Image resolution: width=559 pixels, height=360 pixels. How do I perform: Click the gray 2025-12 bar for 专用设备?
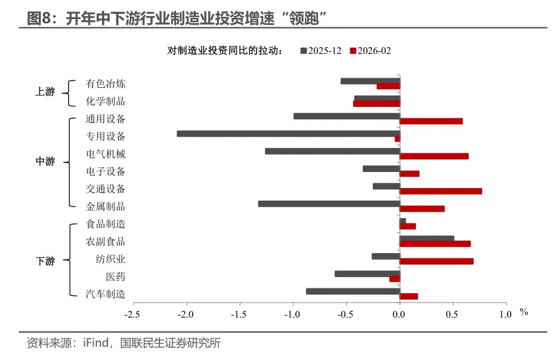pos(288,134)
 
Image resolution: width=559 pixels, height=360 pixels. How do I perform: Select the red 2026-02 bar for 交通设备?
pos(440,191)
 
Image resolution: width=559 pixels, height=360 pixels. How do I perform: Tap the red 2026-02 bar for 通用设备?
pos(431,121)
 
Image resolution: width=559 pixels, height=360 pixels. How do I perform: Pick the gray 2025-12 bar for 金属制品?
pos(329,204)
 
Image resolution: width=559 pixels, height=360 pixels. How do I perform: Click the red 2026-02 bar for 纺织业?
pos(436,261)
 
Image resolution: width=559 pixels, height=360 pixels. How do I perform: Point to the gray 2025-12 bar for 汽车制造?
pos(353,291)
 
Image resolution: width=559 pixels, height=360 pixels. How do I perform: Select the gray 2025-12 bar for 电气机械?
pos(332,151)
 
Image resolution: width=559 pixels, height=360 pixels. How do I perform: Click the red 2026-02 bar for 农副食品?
pos(435,244)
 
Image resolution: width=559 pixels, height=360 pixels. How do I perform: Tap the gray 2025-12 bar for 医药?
pos(367,273)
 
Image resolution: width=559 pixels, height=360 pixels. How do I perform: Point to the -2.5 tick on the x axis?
pos(132,314)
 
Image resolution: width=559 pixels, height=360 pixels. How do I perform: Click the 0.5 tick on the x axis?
pos(453,314)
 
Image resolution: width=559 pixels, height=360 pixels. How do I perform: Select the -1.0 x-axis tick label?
pos(292,314)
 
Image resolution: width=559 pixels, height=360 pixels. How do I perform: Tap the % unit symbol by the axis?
pos(524,312)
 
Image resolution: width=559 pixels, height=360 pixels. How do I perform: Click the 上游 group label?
pos(45,92)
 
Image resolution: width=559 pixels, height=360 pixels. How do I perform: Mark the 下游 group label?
pos(45,261)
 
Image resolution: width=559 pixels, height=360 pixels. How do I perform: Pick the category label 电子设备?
pos(106,172)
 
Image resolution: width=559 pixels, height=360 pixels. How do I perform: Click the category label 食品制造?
pos(106,224)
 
